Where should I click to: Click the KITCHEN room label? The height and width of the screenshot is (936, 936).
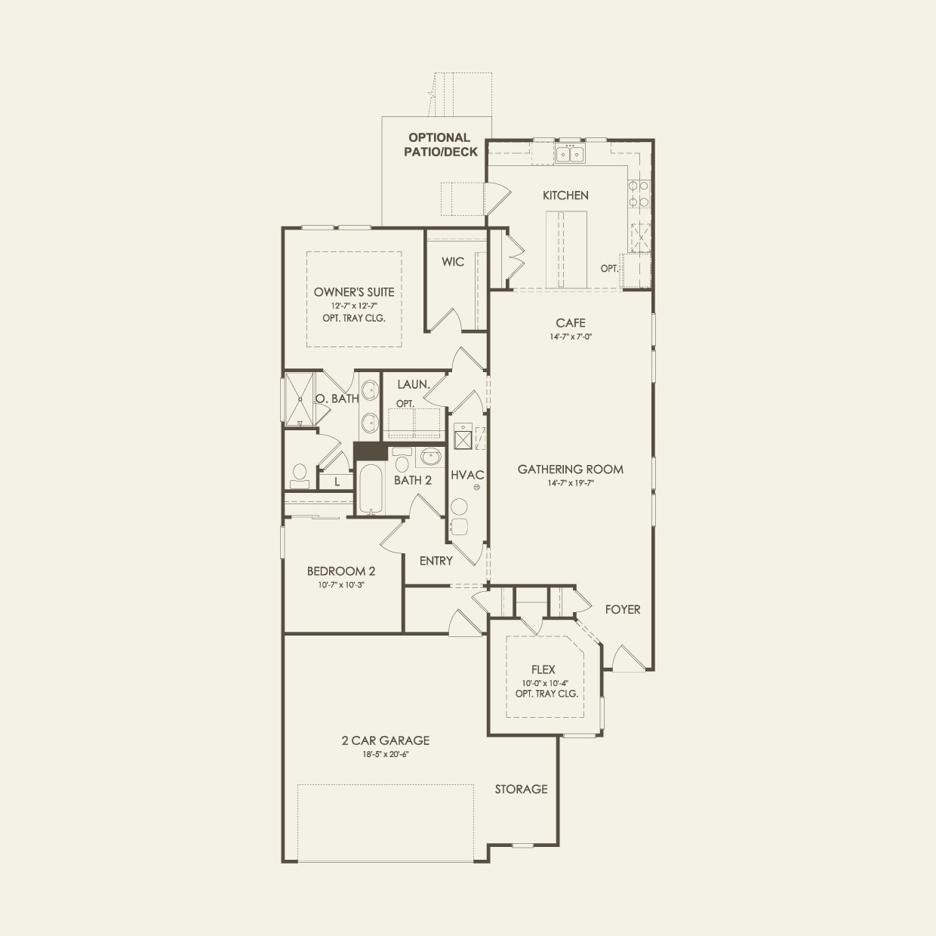565,196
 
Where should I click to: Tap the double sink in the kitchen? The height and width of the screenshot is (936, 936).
570,155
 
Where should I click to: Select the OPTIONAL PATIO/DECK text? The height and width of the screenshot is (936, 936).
440,144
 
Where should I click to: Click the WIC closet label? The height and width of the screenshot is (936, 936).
453,262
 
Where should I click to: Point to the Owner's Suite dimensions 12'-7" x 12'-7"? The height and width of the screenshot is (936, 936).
353,306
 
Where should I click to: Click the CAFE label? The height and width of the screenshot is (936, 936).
571,323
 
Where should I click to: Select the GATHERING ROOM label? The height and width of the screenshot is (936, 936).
571,470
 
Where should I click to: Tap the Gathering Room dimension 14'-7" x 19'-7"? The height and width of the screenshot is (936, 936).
571,483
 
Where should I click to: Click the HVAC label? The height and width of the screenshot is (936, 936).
467,476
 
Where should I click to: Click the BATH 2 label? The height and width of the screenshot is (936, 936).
413,480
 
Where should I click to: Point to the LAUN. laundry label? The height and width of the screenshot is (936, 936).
414,385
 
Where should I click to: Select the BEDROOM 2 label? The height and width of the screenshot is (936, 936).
341,571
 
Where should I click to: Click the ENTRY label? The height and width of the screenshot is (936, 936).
436,561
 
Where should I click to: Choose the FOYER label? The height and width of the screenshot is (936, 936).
623,609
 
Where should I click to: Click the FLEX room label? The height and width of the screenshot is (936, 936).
543,670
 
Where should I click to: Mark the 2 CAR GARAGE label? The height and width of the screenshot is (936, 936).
386,741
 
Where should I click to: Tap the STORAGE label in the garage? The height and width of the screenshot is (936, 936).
521,790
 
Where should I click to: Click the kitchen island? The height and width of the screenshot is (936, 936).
566,248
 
